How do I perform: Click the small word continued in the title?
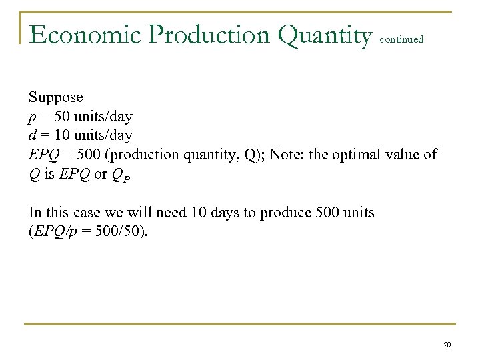coord(401,39)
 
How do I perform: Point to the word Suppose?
coord(55,97)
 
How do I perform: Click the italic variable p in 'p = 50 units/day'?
coord(32,117)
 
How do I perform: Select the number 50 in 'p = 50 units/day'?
coord(57,117)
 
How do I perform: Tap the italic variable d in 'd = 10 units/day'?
coord(32,135)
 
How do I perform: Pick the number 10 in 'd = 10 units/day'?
coord(57,135)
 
